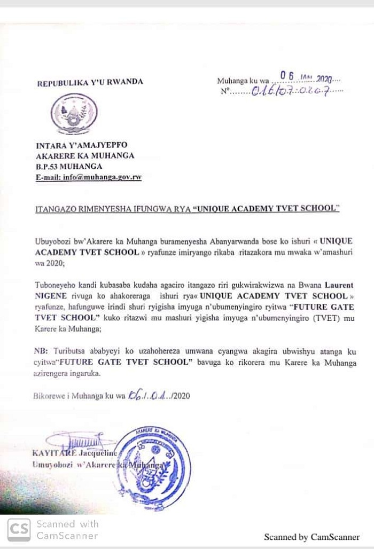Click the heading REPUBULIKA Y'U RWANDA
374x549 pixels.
(x=90, y=83)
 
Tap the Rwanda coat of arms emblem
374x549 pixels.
(x=74, y=114)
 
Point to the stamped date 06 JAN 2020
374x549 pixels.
(x=307, y=78)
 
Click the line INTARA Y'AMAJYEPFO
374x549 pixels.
(x=81, y=145)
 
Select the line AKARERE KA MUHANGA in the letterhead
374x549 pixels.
(x=85, y=156)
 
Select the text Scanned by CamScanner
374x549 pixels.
(x=311, y=537)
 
